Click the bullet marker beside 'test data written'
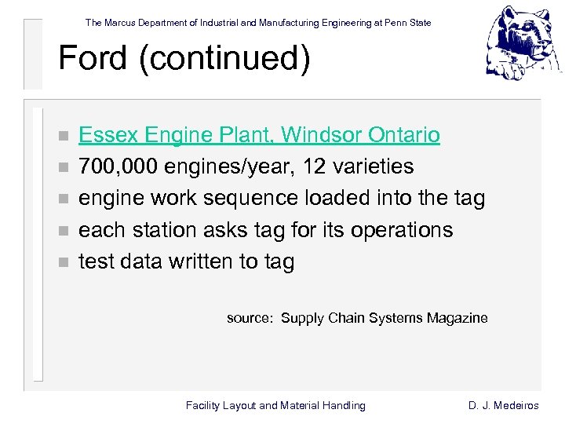pyautogui.click(x=64, y=262)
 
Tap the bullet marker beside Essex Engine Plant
pyautogui.click(x=64, y=136)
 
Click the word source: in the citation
pyautogui.click(x=250, y=318)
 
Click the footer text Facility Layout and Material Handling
pyautogui.click(x=275, y=405)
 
